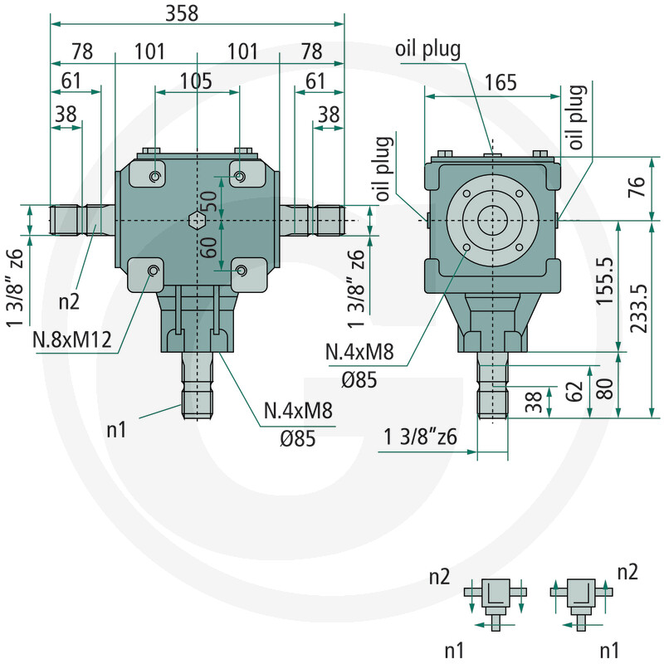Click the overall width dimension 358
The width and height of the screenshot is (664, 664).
tap(182, 12)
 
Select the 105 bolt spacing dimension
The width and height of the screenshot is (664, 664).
tap(196, 81)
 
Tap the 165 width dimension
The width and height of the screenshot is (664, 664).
tap(500, 82)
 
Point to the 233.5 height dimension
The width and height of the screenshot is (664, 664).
tap(639, 308)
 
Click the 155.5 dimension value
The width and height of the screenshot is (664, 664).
tap(605, 281)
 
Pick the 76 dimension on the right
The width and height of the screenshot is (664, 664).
tap(637, 187)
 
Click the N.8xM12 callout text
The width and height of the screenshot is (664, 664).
tap(72, 339)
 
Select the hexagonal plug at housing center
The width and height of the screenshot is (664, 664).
tap(197, 221)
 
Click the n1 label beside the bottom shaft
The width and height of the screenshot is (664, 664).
tap(116, 430)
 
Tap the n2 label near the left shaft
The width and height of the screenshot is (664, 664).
tap(69, 302)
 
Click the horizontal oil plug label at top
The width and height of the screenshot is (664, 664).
tap(427, 49)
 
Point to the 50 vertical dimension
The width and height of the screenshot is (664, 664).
tap(209, 201)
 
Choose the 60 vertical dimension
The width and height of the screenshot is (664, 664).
tap(209, 247)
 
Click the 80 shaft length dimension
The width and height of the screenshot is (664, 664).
tap(605, 388)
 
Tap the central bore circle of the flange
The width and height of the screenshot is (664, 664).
tap(492, 221)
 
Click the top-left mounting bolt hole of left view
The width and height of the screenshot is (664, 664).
tap(155, 176)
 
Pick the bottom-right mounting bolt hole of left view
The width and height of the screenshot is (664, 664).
tap(242, 270)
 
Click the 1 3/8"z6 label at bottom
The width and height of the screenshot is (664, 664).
tap(420, 437)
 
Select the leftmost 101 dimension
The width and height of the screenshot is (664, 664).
tap(149, 51)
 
